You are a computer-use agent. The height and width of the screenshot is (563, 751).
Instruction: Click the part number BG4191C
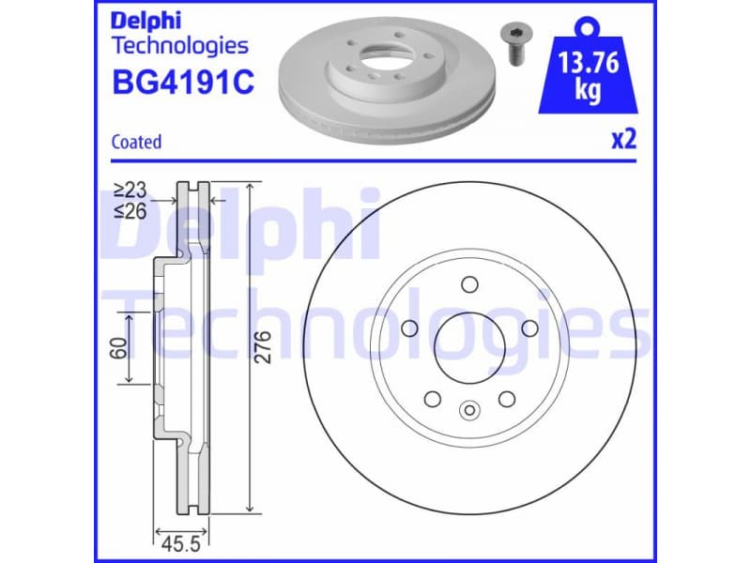point(182,82)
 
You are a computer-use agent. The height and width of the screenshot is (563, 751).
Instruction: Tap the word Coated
point(136,142)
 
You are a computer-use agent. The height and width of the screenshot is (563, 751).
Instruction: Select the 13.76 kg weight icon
point(587,70)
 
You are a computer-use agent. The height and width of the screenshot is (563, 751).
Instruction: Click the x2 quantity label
point(623,140)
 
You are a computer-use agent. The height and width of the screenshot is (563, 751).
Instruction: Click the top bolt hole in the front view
point(469,285)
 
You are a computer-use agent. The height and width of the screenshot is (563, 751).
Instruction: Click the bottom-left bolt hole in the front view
point(433,399)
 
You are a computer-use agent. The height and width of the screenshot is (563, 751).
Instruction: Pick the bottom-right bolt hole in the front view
point(507,399)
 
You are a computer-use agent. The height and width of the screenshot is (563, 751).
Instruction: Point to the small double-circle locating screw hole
point(469,409)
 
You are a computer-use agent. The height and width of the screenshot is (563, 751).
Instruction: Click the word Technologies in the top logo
point(179,44)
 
